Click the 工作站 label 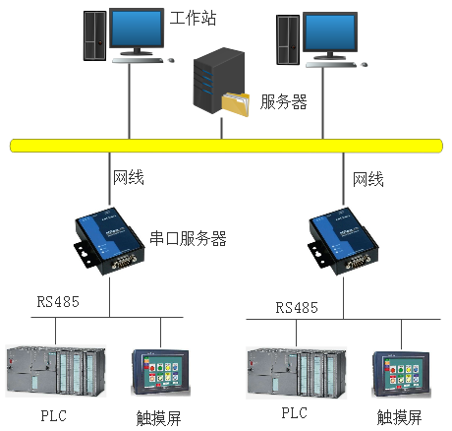[x=193, y=18]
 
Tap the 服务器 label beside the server [x=284, y=101]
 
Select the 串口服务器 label [x=188, y=238]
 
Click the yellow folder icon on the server [x=236, y=104]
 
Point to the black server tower [x=218, y=81]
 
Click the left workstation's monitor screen [x=137, y=29]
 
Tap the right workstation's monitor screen [x=330, y=31]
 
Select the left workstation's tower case [x=95, y=35]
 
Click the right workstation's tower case [x=288, y=39]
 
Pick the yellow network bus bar [x=226, y=146]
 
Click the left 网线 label [x=129, y=177]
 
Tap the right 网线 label [x=368, y=179]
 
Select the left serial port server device [x=109, y=241]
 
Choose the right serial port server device [x=343, y=241]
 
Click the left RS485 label [x=58, y=302]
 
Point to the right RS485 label [x=297, y=308]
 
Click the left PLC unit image [x=56, y=371]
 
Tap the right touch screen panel [x=401, y=374]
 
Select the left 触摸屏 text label [x=158, y=418]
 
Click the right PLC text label [x=294, y=413]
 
